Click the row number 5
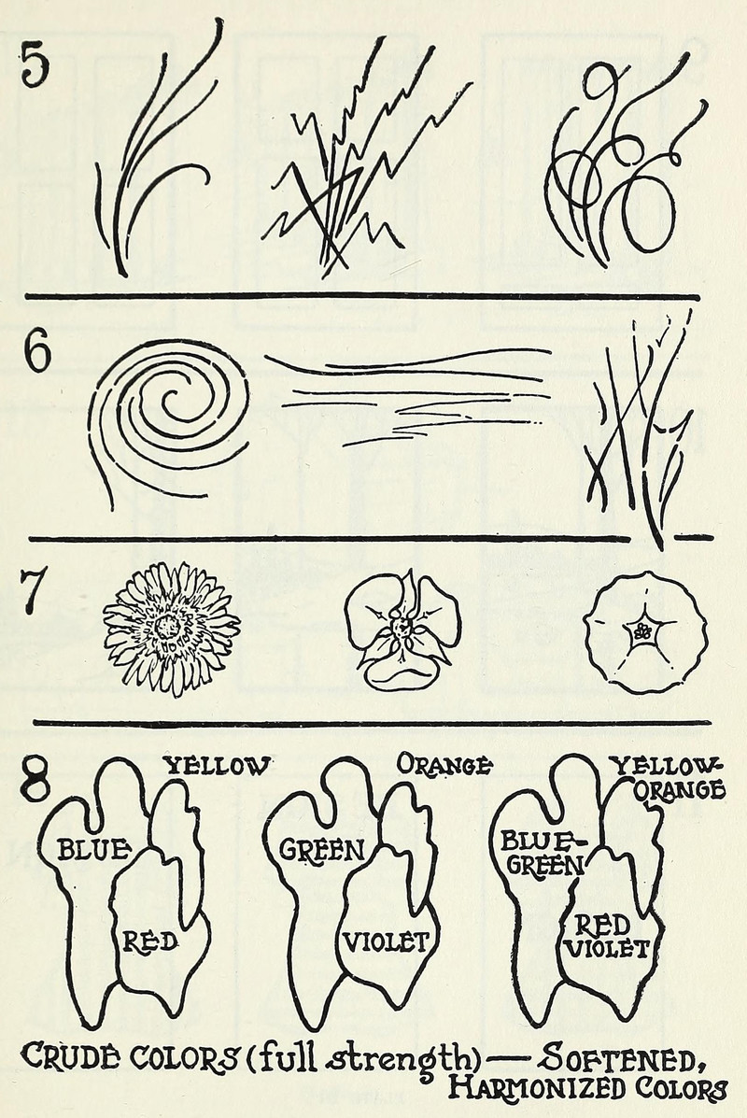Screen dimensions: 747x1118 (x=35, y=64)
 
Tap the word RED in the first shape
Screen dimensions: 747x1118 (x=149, y=941)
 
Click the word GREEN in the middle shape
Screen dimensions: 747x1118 (x=321, y=849)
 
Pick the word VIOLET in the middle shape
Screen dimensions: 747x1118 (x=387, y=941)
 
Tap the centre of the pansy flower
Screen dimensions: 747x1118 (x=402, y=629)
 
